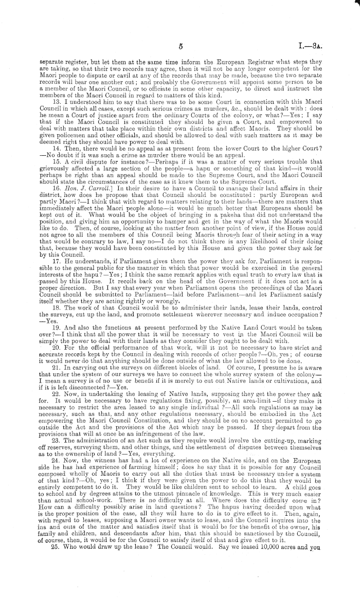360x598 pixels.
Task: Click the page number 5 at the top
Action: (181, 46)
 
